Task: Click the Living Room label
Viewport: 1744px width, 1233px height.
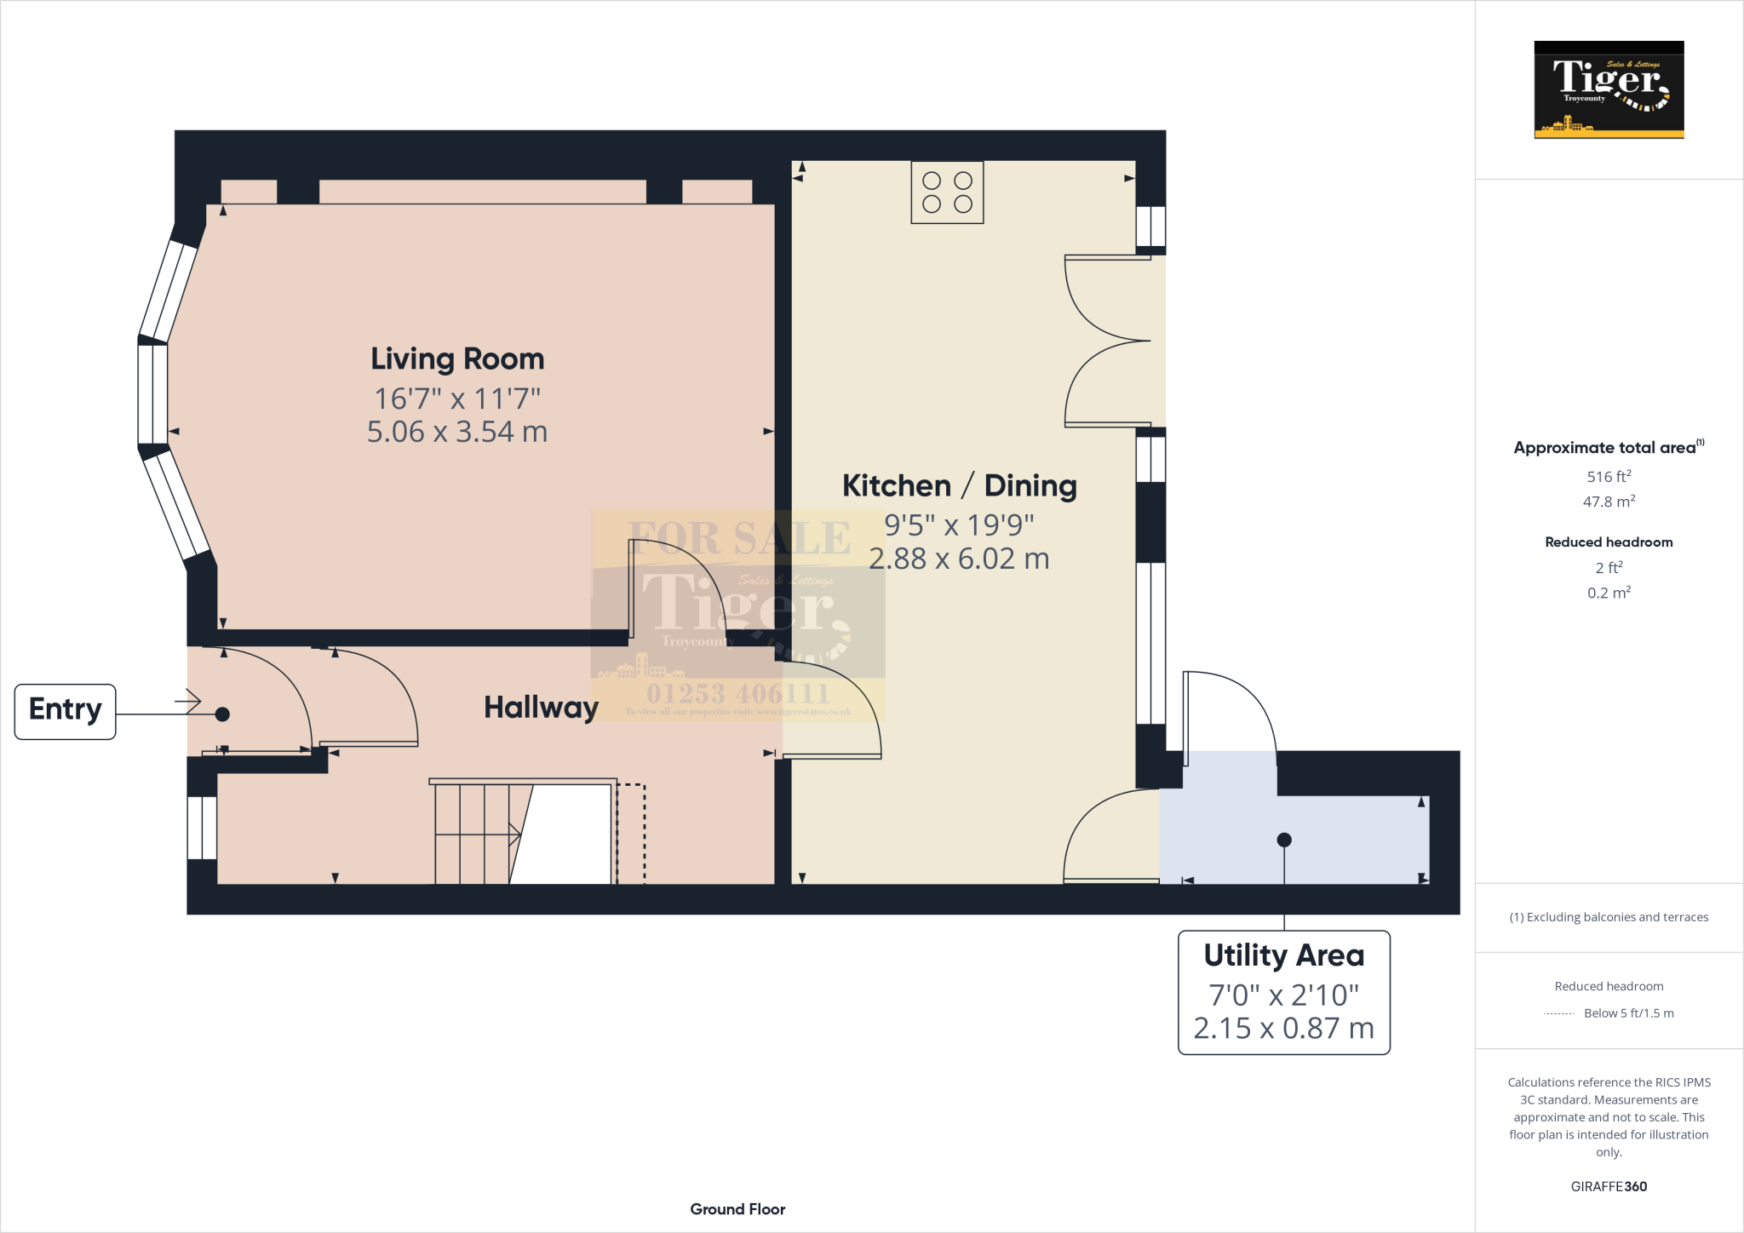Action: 457,359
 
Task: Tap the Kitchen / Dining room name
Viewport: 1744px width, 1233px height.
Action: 959,486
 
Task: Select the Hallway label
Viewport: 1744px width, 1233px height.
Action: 541,708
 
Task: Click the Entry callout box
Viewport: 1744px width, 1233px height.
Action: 66,711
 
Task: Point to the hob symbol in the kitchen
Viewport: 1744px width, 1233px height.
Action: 947,192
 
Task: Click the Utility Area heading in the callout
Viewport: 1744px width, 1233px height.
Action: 1283,955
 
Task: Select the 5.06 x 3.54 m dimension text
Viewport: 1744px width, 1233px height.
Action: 457,432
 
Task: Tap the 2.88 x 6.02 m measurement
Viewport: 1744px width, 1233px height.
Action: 959,559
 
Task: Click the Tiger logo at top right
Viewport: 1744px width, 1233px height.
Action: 1609,89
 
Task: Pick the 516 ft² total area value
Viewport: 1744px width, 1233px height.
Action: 1609,477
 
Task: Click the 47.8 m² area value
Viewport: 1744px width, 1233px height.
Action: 1609,502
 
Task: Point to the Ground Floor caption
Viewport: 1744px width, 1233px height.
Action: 737,1209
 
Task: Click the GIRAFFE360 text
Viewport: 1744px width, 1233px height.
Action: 1609,1186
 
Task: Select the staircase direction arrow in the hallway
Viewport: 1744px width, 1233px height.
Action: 513,834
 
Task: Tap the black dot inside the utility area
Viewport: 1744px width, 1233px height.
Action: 1284,840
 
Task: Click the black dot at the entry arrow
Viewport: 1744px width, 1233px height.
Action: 222,714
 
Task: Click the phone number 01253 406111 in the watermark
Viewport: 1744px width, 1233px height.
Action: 737,693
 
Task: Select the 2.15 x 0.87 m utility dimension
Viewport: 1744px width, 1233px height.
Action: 1283,1029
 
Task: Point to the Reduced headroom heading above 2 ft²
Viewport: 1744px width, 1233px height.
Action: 1609,542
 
